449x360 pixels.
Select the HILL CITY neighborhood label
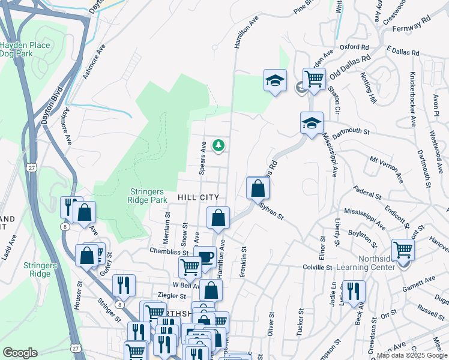coord(197,197)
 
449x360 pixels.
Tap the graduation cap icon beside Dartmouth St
coord(312,123)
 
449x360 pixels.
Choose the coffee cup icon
coord(206,257)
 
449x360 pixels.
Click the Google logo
coord(20,353)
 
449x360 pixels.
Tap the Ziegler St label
coord(172,296)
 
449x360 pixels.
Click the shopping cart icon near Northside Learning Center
coord(403,249)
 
